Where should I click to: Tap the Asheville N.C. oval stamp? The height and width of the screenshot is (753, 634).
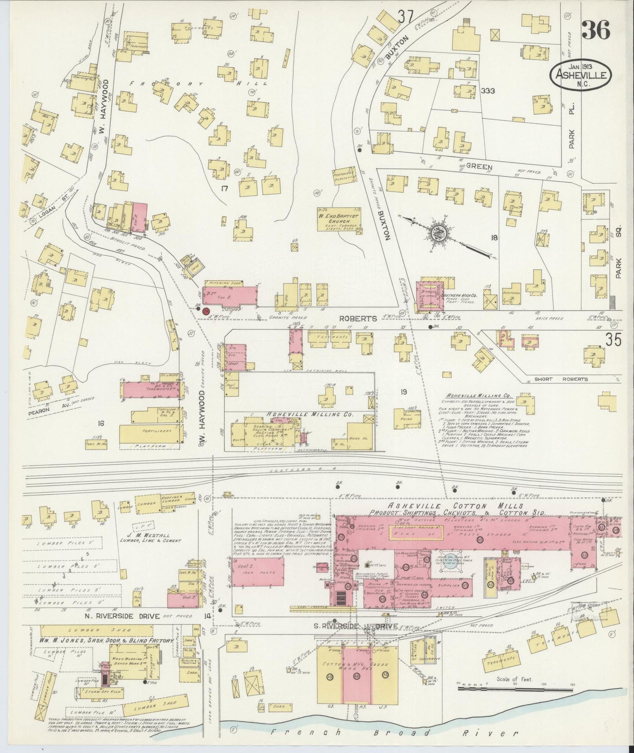[580, 75]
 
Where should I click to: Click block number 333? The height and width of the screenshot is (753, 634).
[487, 91]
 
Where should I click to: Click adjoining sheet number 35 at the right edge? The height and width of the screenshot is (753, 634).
[613, 340]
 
